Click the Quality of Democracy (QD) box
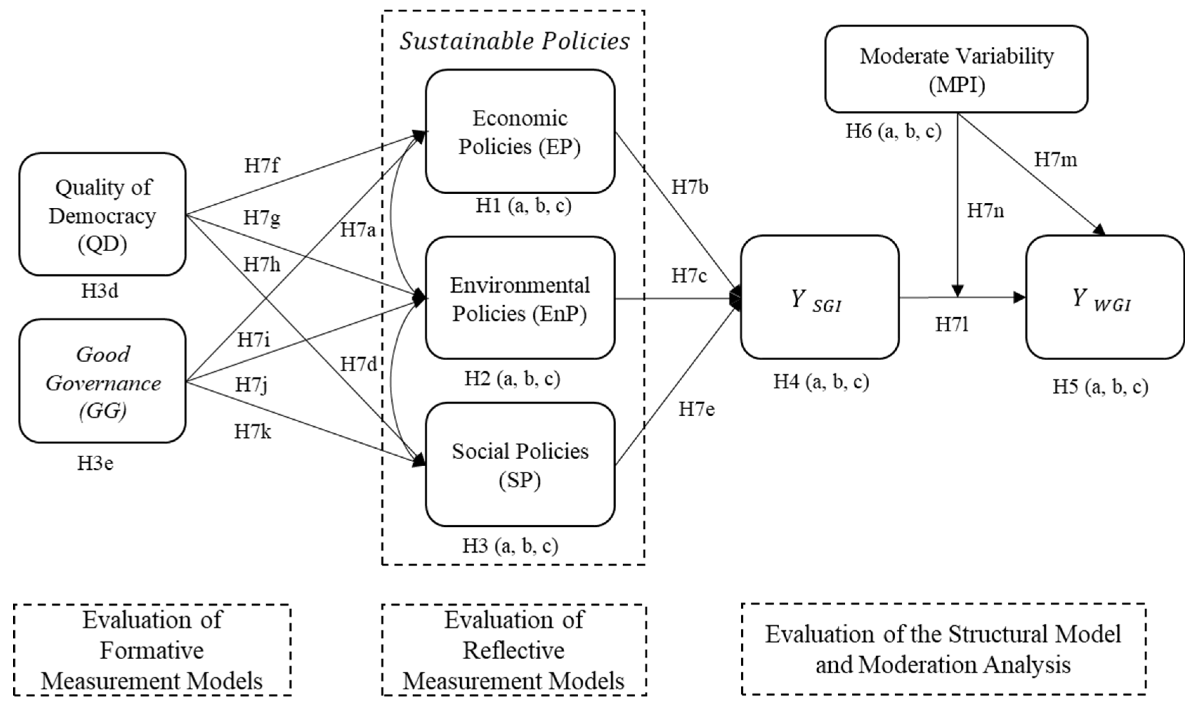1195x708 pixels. click(x=102, y=215)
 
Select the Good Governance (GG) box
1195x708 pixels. click(x=102, y=381)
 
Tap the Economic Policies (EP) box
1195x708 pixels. click(x=520, y=132)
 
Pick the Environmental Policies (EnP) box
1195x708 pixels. click(x=520, y=299)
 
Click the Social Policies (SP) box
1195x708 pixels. click(x=520, y=465)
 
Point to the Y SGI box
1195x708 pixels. click(x=820, y=298)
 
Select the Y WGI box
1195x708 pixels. click(x=1105, y=298)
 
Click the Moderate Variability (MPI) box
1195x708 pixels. click(x=956, y=70)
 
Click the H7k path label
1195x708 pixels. click(x=252, y=432)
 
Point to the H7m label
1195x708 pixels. click(x=1056, y=160)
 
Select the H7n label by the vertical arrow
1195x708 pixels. click(x=986, y=210)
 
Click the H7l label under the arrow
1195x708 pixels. click(x=952, y=325)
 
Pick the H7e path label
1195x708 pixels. click(x=697, y=409)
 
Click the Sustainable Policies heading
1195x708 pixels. click(x=514, y=41)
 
